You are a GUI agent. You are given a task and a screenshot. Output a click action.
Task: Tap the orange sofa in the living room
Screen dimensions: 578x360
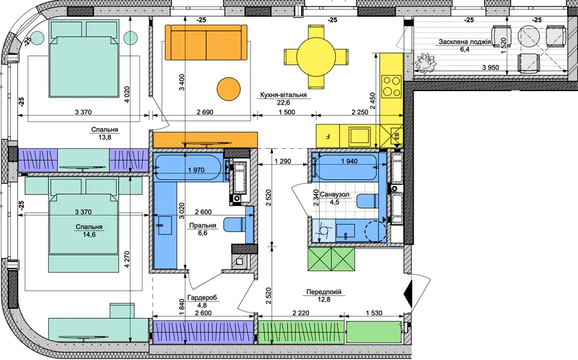pos(206,42)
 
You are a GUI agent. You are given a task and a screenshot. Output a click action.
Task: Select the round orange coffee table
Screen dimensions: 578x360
pos(228,89)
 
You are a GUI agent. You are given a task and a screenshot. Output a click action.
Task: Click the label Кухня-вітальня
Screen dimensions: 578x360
pos(283,95)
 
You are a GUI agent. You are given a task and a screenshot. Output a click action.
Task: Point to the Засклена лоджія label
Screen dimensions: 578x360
pos(464,42)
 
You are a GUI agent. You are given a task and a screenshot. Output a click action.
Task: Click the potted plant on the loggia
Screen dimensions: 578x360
pos(425,63)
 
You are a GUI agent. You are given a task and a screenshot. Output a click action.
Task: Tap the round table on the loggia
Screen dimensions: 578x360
pos(529,36)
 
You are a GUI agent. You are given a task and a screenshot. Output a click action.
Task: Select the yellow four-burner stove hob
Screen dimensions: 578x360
pos(392,85)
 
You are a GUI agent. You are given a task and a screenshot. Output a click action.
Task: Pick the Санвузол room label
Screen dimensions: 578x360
pos(335,194)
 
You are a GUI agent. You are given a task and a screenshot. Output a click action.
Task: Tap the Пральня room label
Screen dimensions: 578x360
pos(202,225)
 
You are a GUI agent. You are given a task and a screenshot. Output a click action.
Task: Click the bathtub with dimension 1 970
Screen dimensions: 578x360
pos(189,167)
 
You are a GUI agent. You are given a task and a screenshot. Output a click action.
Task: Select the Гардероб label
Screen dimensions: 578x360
pos(202,298)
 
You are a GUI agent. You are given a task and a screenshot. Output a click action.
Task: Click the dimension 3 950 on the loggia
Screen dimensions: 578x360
pos(491,67)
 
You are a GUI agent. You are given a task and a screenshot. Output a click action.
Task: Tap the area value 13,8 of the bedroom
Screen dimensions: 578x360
pos(104,137)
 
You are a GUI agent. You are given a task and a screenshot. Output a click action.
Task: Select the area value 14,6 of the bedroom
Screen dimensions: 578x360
pos(89,234)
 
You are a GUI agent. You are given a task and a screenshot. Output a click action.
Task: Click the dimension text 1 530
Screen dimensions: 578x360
pos(374,313)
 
